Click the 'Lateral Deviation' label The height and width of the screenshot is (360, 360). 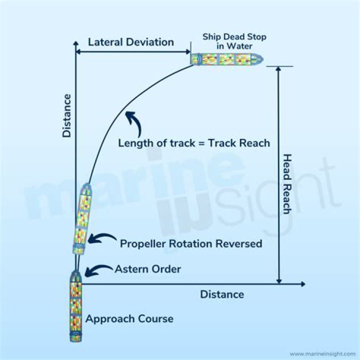[x=131, y=42]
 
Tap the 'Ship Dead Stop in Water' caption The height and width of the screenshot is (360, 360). [x=234, y=41]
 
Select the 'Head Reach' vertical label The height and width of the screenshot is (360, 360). [x=287, y=183]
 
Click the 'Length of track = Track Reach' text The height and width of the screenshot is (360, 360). [x=194, y=143]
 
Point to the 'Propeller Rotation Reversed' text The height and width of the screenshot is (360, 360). [x=191, y=244]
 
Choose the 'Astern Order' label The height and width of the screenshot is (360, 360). [x=148, y=269]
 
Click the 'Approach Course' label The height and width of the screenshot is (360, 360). [x=129, y=318]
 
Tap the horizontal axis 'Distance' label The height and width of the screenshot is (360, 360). [x=222, y=294]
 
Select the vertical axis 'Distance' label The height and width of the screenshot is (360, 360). [x=67, y=115]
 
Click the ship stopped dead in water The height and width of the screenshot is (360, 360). [x=226, y=59]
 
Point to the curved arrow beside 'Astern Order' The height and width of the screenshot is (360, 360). [x=98, y=270]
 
